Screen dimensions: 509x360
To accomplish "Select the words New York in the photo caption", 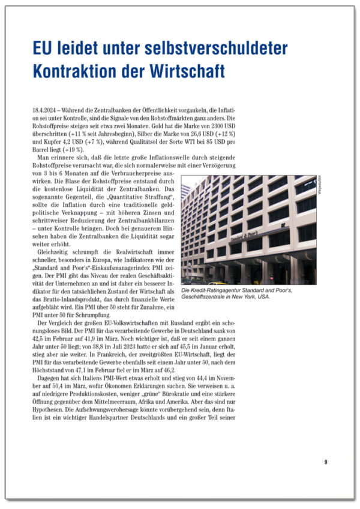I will [x=251, y=296].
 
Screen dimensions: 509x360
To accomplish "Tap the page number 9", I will [x=325, y=462].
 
